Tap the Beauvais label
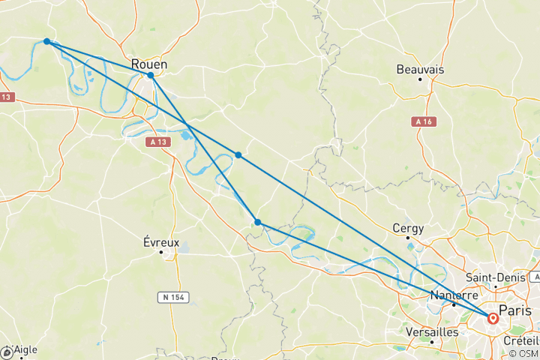420,69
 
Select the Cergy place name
408,228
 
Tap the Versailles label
431,331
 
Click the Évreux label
161,242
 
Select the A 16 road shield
424,121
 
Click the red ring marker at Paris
493,318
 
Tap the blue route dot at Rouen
151,75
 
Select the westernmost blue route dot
46,41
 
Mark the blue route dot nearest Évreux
257,222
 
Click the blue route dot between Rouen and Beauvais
238,154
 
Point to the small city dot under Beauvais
420,79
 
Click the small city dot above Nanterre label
454,304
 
